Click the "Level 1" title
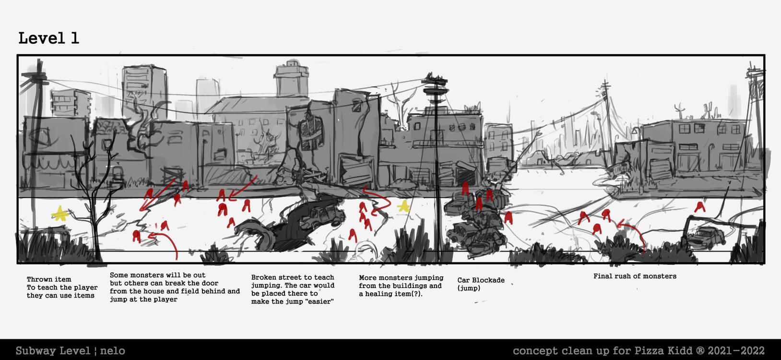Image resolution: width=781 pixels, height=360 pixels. pos(48,38)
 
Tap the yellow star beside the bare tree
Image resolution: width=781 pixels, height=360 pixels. pos(60,214)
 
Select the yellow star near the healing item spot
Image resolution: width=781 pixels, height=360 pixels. pos(404,206)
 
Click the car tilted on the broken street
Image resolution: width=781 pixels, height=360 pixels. pos(322,216)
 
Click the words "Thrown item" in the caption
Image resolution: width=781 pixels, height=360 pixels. pos(49,279)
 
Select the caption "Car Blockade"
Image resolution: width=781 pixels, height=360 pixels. pos(481,280)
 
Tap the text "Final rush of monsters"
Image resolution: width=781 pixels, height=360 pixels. pos(635,276)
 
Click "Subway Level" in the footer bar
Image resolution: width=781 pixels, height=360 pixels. pos(53,350)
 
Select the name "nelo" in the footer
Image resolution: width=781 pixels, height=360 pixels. pos(113,350)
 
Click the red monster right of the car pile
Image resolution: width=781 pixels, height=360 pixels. pos(509,217)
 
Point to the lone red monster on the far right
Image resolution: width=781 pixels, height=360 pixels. pos(700,207)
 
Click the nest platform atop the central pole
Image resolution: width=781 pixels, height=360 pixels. pos(435,81)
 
